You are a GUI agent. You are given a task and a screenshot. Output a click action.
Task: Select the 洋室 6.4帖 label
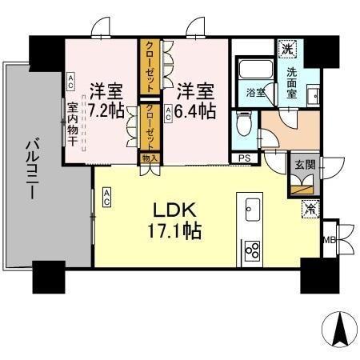click(x=196, y=99)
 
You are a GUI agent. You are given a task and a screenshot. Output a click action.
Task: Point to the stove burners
click(x=252, y=251)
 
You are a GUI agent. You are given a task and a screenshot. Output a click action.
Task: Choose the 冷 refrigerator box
click(x=309, y=209)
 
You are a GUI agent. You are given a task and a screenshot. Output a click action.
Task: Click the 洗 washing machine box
click(x=286, y=49)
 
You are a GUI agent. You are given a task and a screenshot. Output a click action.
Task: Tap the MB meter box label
click(x=328, y=239)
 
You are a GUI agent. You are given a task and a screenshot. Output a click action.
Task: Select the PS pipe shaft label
click(x=244, y=158)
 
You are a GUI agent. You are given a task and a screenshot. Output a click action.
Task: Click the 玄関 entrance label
click(x=303, y=166)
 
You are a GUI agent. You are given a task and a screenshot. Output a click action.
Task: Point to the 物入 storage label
click(x=150, y=158)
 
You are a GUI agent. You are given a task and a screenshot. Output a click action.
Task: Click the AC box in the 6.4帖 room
click(x=168, y=114)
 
